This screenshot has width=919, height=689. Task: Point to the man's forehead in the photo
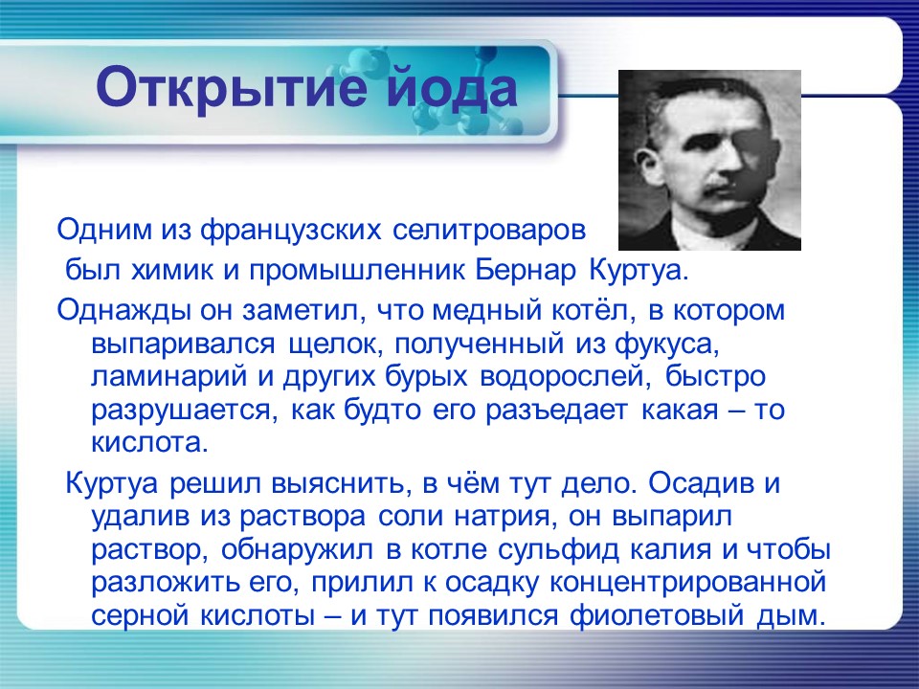pyautogui.click(x=708, y=107)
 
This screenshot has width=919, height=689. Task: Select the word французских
pyautogui.click(x=292, y=231)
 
